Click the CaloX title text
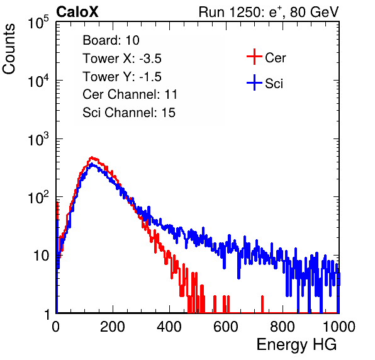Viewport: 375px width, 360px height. tap(77, 12)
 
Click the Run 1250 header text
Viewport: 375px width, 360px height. tap(269, 12)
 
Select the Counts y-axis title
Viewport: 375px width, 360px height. tap(9, 49)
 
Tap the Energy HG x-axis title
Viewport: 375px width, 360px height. tap(296, 345)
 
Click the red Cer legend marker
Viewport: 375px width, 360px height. tap(254, 57)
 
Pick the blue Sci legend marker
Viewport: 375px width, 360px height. tap(254, 82)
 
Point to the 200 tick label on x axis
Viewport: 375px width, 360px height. tap(113, 327)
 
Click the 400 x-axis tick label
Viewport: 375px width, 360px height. tap(169, 327)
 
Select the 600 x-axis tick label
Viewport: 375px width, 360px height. tap(226, 327)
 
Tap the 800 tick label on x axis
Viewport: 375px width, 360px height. tap(283, 327)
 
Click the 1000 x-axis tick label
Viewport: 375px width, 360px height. tap(339, 327)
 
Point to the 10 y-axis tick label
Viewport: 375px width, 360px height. tap(41, 256)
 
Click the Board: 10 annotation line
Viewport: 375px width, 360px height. tap(111, 40)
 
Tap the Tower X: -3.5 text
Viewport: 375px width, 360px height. tap(122, 59)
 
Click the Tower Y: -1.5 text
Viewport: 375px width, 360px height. tap(122, 77)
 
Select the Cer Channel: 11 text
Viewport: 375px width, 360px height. tap(130, 94)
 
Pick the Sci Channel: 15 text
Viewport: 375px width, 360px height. tap(129, 113)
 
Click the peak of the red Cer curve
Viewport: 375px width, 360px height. tap(92, 157)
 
